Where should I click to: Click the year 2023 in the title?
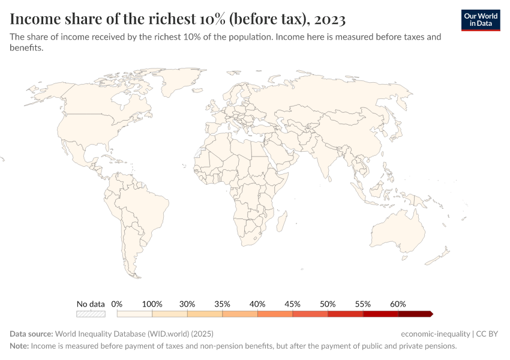point(329,19)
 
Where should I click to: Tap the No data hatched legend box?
point(91,314)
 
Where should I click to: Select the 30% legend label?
point(187,304)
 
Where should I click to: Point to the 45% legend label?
point(293,304)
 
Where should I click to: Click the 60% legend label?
point(398,304)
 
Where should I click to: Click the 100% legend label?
point(152,304)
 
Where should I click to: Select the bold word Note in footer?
point(19,346)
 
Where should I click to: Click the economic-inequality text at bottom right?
point(436,334)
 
